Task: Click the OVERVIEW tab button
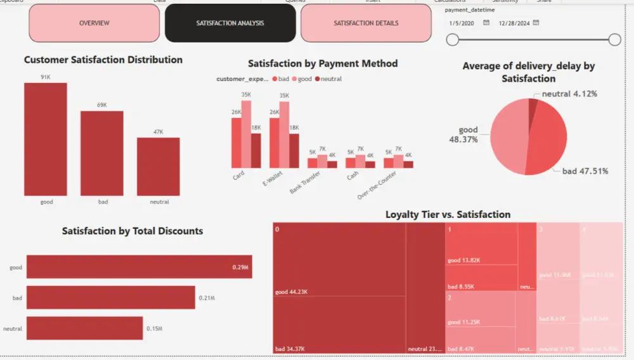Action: [x=94, y=23]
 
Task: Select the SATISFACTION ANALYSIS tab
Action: [x=230, y=23]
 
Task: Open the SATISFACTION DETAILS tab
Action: [x=366, y=23]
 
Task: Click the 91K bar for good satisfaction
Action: [x=46, y=139]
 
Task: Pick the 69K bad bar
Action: [x=101, y=153]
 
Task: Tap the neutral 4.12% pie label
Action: [x=569, y=94]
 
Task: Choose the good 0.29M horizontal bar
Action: [x=139, y=267]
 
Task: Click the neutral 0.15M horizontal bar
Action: [x=84, y=328]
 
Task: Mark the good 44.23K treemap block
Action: [x=339, y=260]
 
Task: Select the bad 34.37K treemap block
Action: [x=339, y=325]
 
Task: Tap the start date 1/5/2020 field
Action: [x=462, y=23]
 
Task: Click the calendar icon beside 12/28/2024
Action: [x=536, y=23]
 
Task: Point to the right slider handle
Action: [x=614, y=40]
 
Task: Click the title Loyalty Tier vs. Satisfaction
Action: [x=448, y=215]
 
